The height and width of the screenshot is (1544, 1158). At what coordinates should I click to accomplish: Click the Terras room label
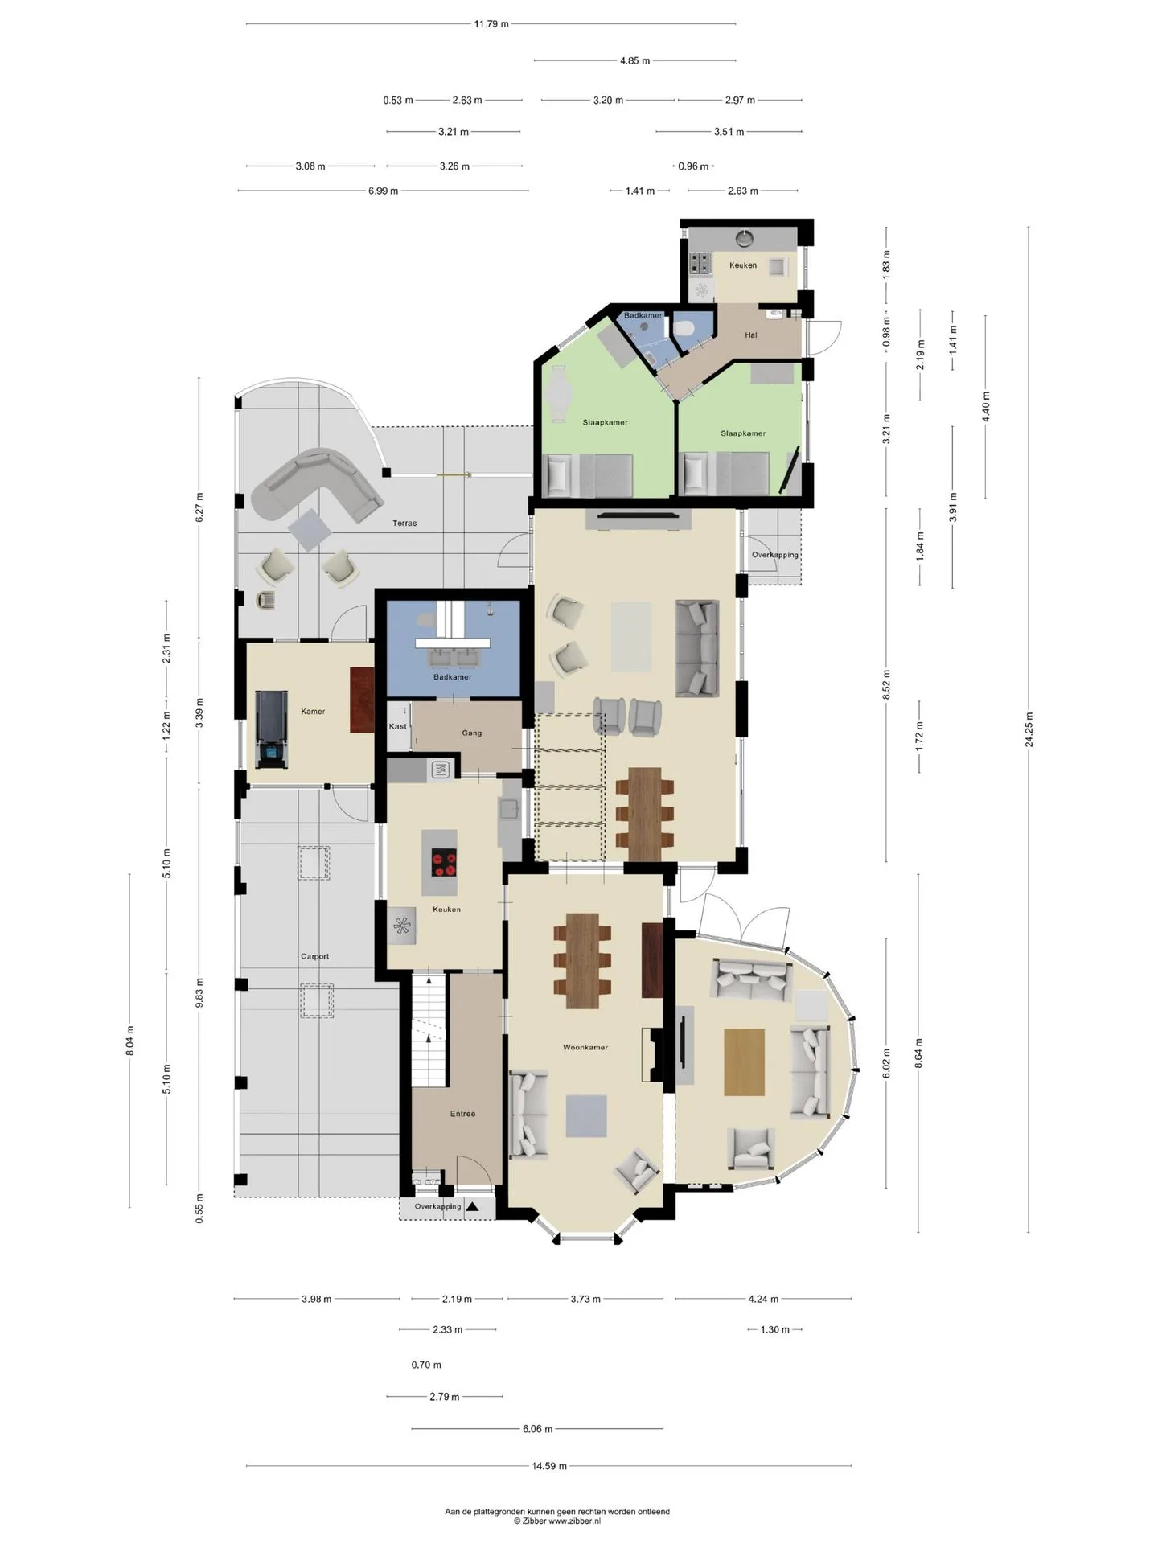click(x=404, y=524)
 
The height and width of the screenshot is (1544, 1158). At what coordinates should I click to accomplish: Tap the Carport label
click(x=314, y=956)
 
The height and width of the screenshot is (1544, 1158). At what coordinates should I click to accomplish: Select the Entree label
click(x=462, y=1114)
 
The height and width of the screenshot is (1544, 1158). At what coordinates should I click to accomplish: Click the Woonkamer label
click(x=585, y=1047)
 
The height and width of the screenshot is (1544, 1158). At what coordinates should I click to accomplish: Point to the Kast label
click(x=397, y=726)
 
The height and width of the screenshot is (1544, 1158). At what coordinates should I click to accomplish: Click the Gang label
click(x=472, y=733)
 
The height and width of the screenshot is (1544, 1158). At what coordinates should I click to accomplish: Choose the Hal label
click(x=751, y=335)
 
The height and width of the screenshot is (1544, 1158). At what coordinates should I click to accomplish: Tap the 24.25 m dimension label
click(x=1029, y=729)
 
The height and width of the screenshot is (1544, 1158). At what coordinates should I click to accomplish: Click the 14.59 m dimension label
click(x=548, y=1466)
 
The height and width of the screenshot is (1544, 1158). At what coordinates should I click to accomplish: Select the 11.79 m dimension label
click(x=491, y=24)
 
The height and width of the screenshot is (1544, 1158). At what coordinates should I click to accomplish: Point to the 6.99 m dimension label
click(x=383, y=191)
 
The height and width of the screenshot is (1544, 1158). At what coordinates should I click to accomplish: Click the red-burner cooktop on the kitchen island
click(x=444, y=862)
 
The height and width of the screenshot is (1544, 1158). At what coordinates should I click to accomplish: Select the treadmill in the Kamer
click(x=270, y=729)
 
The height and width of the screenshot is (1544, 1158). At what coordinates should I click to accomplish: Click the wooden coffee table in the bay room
click(x=744, y=1061)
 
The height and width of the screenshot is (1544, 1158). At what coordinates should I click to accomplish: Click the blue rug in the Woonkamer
click(x=585, y=1116)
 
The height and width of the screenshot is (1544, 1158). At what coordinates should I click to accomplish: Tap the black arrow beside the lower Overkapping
click(x=471, y=1205)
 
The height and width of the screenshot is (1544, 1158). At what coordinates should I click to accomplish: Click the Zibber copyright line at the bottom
click(x=557, y=1521)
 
